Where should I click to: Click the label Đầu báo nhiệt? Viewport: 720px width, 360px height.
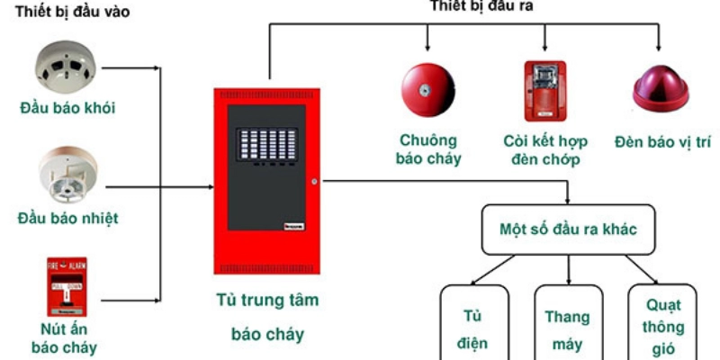pyautogui.click(x=67, y=219)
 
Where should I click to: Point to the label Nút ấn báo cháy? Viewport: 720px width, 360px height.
pyautogui.click(x=64, y=338)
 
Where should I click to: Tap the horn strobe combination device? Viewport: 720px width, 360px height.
pyautogui.click(x=545, y=91)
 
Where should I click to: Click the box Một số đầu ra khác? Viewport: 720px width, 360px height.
pyautogui.click(x=568, y=229)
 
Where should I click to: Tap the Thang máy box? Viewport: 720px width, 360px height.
pyautogui.click(x=567, y=328)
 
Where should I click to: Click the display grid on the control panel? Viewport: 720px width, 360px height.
pyautogui.click(x=265, y=146)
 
